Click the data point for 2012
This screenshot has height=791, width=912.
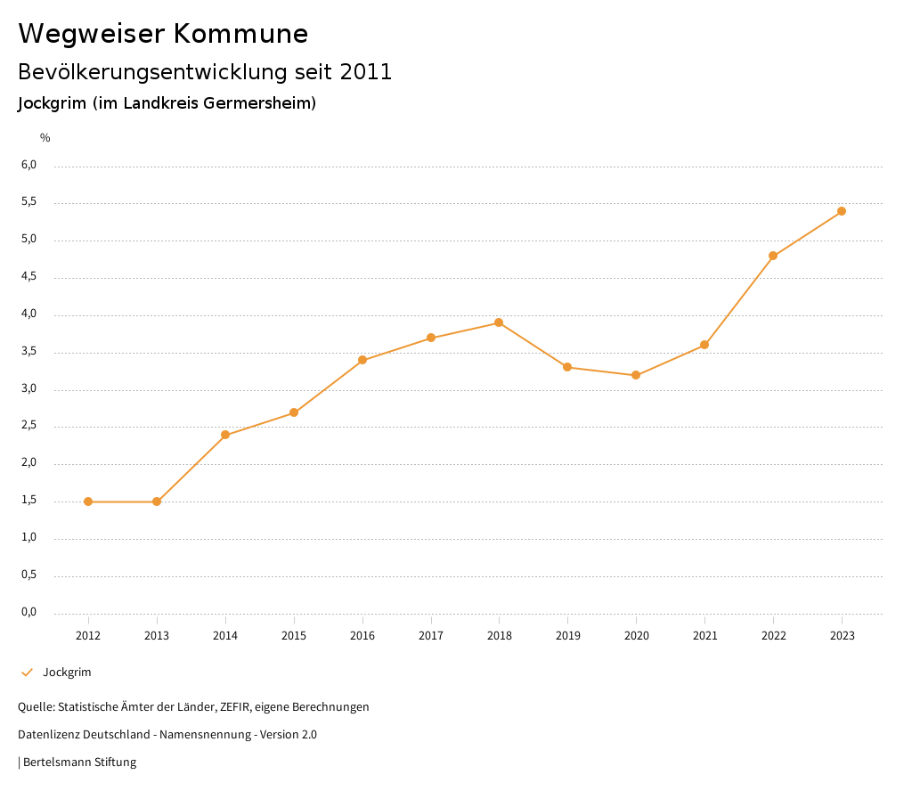(x=88, y=502)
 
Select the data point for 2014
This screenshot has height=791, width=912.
(x=225, y=435)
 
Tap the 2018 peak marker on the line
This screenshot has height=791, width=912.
(x=499, y=322)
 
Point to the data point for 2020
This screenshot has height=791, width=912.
(x=636, y=375)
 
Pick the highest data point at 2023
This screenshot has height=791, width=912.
(x=842, y=211)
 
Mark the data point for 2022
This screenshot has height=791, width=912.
(x=773, y=256)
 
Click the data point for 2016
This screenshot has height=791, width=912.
(x=362, y=360)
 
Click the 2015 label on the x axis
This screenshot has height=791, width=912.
(x=294, y=636)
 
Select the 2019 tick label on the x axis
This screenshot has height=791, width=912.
(x=567, y=636)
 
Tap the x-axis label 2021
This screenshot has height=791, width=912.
(x=704, y=636)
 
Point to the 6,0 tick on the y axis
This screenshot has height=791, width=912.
(x=29, y=165)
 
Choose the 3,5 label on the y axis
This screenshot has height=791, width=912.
(x=29, y=352)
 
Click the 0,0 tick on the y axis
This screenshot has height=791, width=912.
(x=29, y=612)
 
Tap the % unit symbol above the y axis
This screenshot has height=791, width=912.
(x=45, y=138)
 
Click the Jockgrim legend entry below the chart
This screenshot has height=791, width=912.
(x=67, y=673)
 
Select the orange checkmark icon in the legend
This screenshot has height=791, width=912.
(x=27, y=673)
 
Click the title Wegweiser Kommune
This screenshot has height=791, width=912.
(x=163, y=34)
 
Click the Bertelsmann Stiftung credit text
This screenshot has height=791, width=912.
(x=79, y=762)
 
